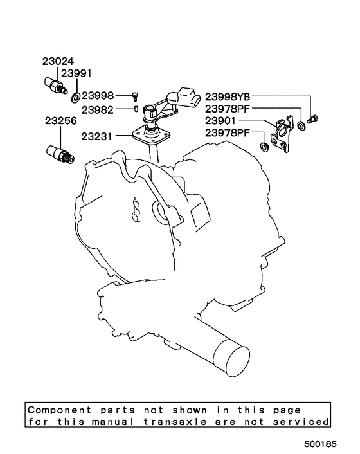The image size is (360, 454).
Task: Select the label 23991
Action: (76, 74)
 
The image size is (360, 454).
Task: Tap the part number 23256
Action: (60, 120)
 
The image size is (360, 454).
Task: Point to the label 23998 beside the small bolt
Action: (97, 95)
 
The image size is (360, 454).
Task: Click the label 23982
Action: (97, 109)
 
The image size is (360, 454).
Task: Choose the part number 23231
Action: (97, 136)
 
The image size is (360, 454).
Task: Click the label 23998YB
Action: (231, 98)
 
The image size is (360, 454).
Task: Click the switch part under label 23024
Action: (54, 86)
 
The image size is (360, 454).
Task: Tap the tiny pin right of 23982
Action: (136, 109)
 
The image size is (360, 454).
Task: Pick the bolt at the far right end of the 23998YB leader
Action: (314, 118)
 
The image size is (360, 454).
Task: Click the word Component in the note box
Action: (56, 410)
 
